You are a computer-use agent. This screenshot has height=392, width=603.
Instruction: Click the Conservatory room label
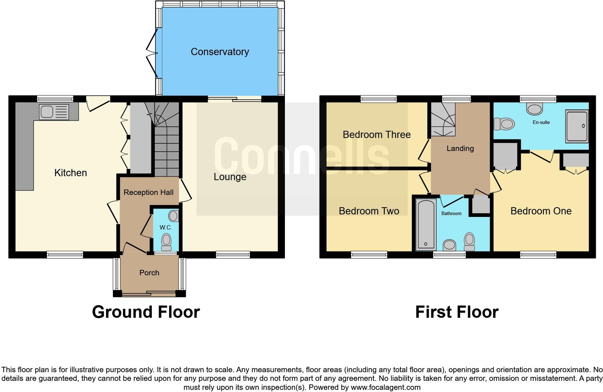[x=220, y=52]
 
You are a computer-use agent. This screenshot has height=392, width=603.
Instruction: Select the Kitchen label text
[x=71, y=173]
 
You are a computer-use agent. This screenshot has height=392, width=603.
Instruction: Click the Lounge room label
[x=230, y=177]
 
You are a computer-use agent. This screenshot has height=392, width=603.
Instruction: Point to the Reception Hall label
[x=149, y=192]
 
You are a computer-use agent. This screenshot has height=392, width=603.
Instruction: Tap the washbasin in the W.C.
[x=173, y=216]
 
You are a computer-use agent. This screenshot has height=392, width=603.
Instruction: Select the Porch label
[x=149, y=273]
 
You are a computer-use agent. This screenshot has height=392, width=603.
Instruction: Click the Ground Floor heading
[x=146, y=312]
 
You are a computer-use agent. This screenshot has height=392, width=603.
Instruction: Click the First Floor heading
[x=457, y=312]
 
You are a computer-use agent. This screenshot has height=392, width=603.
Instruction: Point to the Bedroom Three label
[x=377, y=135]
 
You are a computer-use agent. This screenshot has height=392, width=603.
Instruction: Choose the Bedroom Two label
[x=369, y=211]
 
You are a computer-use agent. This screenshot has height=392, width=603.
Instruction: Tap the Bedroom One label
[x=541, y=211]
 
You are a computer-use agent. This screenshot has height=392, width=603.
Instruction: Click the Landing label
[x=460, y=148]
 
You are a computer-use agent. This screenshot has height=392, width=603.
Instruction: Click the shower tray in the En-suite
[x=577, y=126]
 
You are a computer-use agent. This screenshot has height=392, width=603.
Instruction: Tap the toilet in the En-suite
[x=504, y=124]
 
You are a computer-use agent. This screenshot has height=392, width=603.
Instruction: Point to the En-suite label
[x=541, y=122]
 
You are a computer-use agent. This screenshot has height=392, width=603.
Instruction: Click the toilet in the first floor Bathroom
[x=469, y=242]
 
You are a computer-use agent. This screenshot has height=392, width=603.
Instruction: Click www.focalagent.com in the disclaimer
[x=386, y=388]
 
